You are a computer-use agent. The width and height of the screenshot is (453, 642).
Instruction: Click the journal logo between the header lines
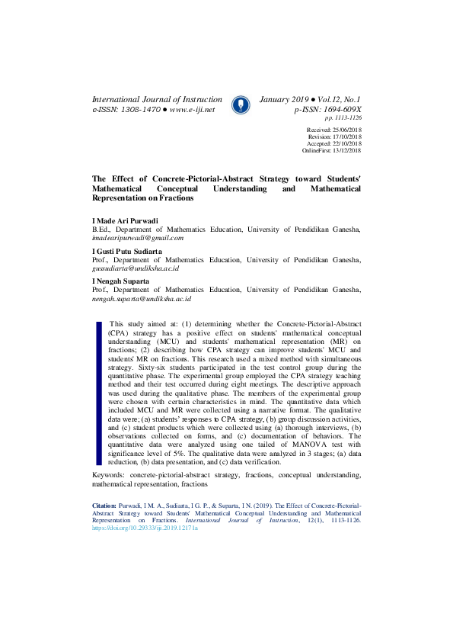point(240,104)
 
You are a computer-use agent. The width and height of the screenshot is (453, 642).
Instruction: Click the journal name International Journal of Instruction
point(157,100)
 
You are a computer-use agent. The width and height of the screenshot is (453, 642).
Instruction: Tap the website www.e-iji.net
point(192,110)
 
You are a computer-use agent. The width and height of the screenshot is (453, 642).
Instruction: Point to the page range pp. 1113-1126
point(343,118)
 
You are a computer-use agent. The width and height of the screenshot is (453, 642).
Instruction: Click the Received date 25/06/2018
point(345,130)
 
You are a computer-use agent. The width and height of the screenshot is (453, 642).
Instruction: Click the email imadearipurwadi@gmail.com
point(138,238)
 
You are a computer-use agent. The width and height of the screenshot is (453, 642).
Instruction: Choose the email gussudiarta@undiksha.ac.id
point(136,268)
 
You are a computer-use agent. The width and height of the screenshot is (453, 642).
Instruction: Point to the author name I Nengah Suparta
point(121,281)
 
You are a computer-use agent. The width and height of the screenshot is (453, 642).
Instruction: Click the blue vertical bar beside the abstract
point(98,393)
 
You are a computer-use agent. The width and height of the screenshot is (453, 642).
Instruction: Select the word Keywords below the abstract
point(108,475)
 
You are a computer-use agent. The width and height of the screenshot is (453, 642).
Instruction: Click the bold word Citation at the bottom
point(104,506)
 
